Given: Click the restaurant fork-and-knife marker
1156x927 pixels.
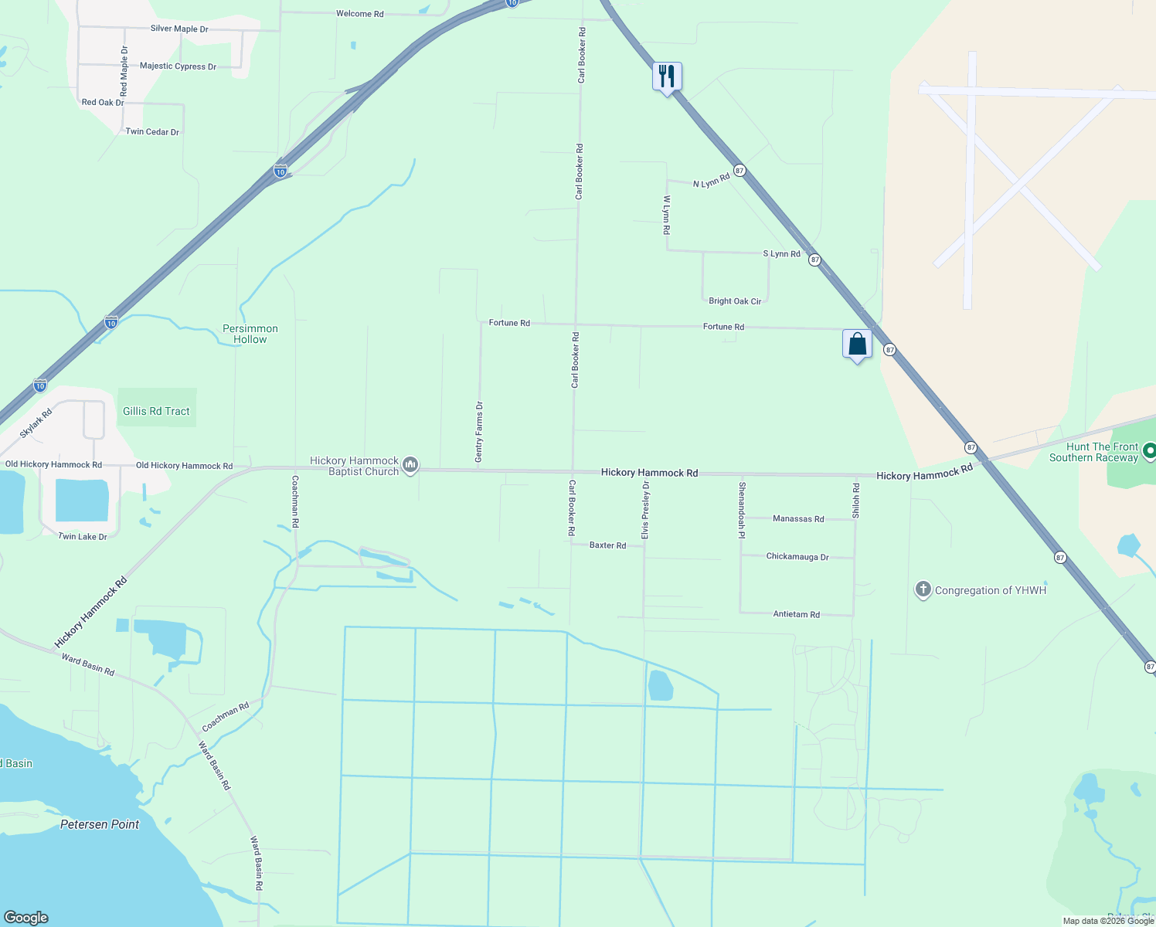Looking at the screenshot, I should point(667,76).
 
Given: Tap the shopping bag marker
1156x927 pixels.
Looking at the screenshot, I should point(857,344).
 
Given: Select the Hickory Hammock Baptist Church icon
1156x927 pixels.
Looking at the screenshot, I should point(410,464).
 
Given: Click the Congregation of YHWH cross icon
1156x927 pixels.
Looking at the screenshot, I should point(923,590).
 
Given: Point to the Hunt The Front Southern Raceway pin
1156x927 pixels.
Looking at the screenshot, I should point(1149,451).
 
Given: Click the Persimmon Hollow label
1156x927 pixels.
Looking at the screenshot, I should point(250,334).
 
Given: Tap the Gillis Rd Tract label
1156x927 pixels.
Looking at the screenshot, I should point(156,411).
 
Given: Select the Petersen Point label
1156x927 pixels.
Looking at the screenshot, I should point(100,824).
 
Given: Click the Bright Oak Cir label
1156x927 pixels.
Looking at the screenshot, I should point(735,301).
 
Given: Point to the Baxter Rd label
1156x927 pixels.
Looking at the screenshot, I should point(607,545).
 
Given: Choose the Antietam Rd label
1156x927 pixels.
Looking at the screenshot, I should point(796,614).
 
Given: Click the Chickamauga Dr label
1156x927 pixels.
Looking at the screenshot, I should point(797,556).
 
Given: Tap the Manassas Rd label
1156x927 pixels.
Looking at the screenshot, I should point(798,519).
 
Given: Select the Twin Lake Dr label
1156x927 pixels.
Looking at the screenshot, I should point(83,536).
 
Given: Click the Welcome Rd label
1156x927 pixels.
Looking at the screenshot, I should point(359,14).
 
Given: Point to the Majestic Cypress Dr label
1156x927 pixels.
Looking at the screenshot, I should point(178,66).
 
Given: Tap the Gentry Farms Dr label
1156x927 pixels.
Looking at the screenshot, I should point(479,432).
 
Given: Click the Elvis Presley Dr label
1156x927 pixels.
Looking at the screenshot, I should point(645,510).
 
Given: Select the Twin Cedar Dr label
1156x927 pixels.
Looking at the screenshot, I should point(152,132).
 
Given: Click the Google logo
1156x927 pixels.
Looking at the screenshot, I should point(26,918).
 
